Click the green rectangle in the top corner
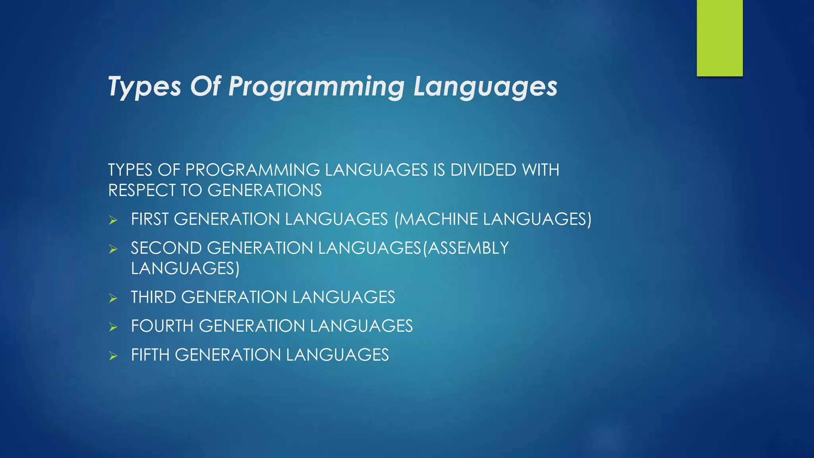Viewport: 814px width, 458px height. click(719, 38)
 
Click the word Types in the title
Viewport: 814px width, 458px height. click(144, 86)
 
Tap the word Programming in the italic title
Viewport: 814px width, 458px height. click(316, 86)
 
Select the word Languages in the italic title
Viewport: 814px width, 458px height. click(485, 86)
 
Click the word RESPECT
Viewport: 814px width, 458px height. click(142, 190)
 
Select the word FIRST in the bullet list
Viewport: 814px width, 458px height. click(150, 219)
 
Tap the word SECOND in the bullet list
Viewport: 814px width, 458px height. click(166, 248)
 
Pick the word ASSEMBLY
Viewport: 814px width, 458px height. click(468, 248)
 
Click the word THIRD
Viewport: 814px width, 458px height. click(153, 297)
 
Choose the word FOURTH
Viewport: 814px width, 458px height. click(162, 326)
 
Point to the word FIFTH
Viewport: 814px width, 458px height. click(150, 355)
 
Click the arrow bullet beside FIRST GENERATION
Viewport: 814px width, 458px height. click(113, 220)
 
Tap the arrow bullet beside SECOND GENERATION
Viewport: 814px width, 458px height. click(113, 249)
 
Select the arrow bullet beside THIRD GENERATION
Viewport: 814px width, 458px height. click(113, 298)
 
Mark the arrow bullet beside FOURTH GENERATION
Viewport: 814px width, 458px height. click(113, 327)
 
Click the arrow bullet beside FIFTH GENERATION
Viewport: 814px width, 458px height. click(113, 356)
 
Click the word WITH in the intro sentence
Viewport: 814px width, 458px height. click(541, 170)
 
